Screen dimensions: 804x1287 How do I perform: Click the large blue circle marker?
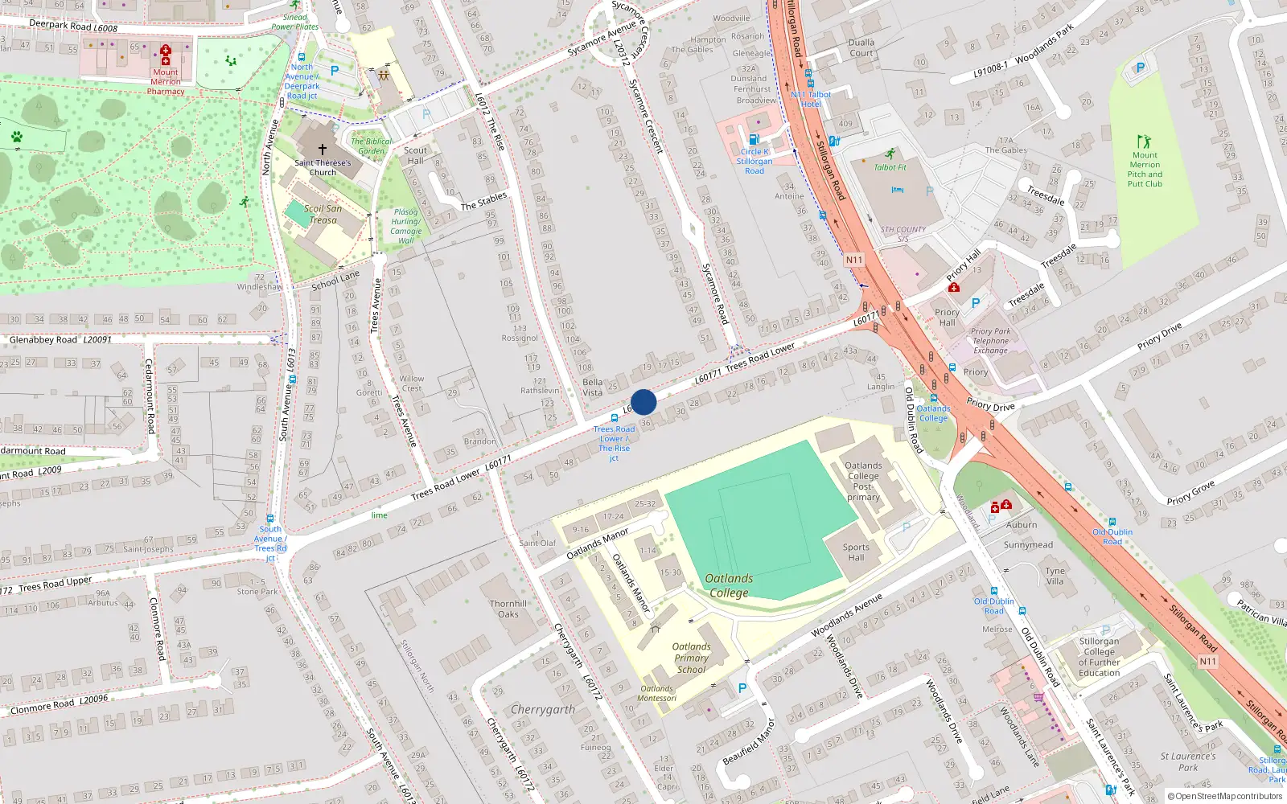click(643, 402)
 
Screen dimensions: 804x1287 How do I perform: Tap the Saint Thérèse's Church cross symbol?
click(323, 150)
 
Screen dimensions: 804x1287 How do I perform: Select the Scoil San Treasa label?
click(323, 214)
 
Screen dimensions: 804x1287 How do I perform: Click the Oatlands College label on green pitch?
click(729, 585)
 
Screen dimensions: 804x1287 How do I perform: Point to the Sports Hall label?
click(856, 552)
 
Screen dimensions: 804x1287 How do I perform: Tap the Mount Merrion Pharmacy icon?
click(166, 55)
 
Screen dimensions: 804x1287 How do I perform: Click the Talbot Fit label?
click(890, 167)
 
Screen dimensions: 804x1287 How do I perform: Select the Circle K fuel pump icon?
click(754, 139)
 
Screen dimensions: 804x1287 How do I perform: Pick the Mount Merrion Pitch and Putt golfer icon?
click(1144, 142)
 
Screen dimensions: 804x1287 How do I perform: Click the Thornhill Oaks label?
click(508, 609)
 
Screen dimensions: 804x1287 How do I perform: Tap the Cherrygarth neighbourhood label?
click(543, 710)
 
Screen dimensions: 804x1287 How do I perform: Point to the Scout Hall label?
click(415, 155)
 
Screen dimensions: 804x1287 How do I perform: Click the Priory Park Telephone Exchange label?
click(990, 341)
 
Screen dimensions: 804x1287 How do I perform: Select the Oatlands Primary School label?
click(691, 658)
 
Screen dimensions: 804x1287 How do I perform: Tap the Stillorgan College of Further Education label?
click(1099, 657)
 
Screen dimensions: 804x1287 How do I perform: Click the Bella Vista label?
click(593, 388)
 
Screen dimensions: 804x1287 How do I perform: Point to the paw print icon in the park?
click(17, 137)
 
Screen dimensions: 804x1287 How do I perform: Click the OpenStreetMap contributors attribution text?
click(1225, 797)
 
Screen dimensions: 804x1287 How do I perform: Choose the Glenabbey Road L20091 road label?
click(60, 340)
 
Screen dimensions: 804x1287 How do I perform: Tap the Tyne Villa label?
click(1055, 576)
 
